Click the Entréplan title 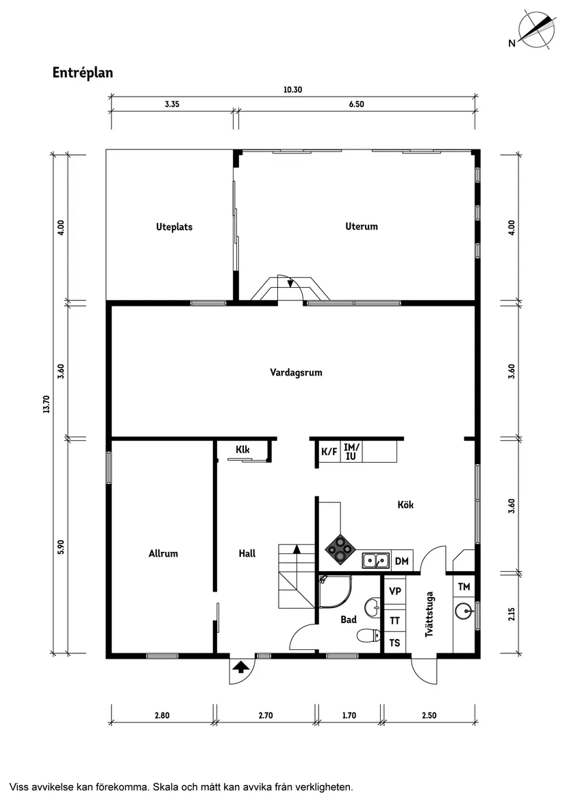[x=82, y=73]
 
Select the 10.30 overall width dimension [x=292, y=89]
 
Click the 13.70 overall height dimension [x=47, y=404]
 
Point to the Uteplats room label [x=174, y=226]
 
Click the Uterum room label [x=361, y=226]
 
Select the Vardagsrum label [x=295, y=373]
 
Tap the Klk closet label [x=242, y=450]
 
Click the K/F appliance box [x=329, y=452]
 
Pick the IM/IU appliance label [x=351, y=451]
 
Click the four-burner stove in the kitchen [x=340, y=547]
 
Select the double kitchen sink [x=375, y=561]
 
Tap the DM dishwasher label [x=402, y=561]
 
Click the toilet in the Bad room [x=368, y=636]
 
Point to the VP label [x=394, y=591]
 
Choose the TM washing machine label [x=464, y=587]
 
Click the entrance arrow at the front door [x=240, y=666]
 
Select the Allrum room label [x=163, y=553]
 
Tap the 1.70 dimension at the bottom [x=348, y=716]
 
